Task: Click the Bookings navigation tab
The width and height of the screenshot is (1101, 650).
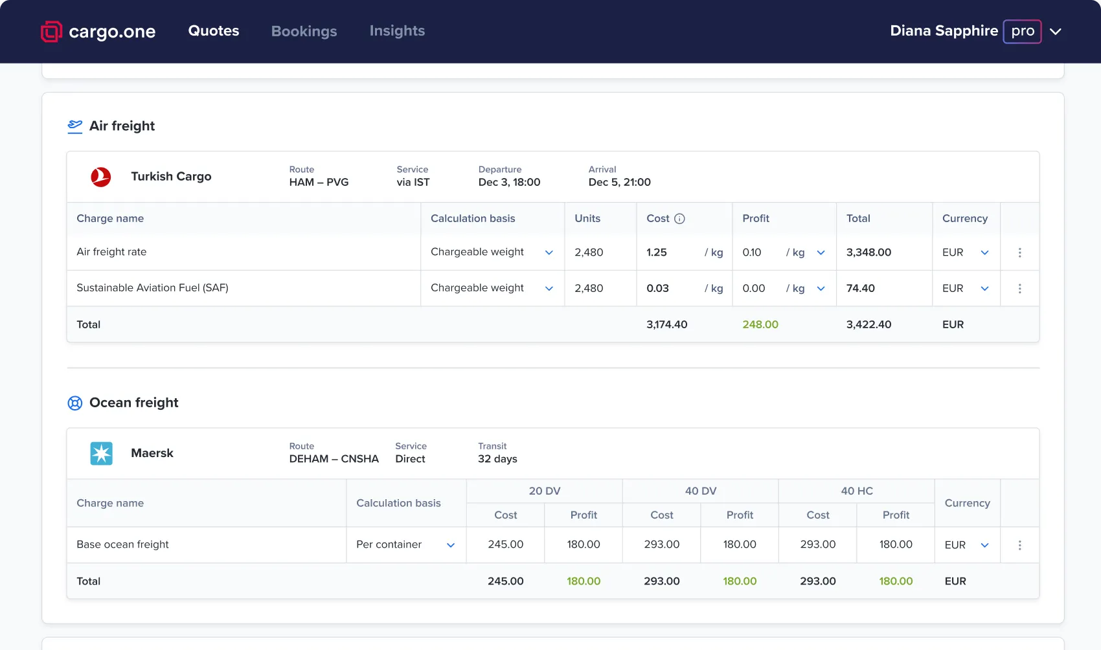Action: click(304, 31)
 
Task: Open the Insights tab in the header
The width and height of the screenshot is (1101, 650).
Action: click(397, 31)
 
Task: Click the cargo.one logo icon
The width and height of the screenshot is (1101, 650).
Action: click(51, 32)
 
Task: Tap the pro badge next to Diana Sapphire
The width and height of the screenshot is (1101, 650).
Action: click(1022, 31)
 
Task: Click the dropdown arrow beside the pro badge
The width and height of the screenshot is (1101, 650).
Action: click(1056, 32)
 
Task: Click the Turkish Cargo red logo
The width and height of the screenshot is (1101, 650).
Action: click(101, 177)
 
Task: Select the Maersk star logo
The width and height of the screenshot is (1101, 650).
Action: click(101, 453)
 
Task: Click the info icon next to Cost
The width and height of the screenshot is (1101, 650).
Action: click(679, 219)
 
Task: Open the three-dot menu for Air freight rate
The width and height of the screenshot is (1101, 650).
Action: click(1019, 252)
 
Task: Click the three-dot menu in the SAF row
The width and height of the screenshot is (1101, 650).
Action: click(1019, 289)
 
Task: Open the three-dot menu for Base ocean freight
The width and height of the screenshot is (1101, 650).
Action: click(1019, 545)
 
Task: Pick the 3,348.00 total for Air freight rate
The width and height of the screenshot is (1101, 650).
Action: click(868, 252)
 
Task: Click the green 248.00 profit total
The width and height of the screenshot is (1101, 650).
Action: click(760, 324)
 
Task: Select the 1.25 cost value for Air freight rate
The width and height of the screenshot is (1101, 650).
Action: click(657, 252)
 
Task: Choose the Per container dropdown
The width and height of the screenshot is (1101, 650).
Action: click(405, 545)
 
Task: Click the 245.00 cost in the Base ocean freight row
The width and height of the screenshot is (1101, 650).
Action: click(505, 544)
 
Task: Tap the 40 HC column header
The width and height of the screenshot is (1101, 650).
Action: click(856, 491)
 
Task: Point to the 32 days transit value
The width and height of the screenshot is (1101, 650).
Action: click(497, 459)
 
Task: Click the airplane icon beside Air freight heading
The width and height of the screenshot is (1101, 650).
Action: click(75, 126)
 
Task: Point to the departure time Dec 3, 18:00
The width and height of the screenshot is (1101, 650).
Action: click(509, 183)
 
